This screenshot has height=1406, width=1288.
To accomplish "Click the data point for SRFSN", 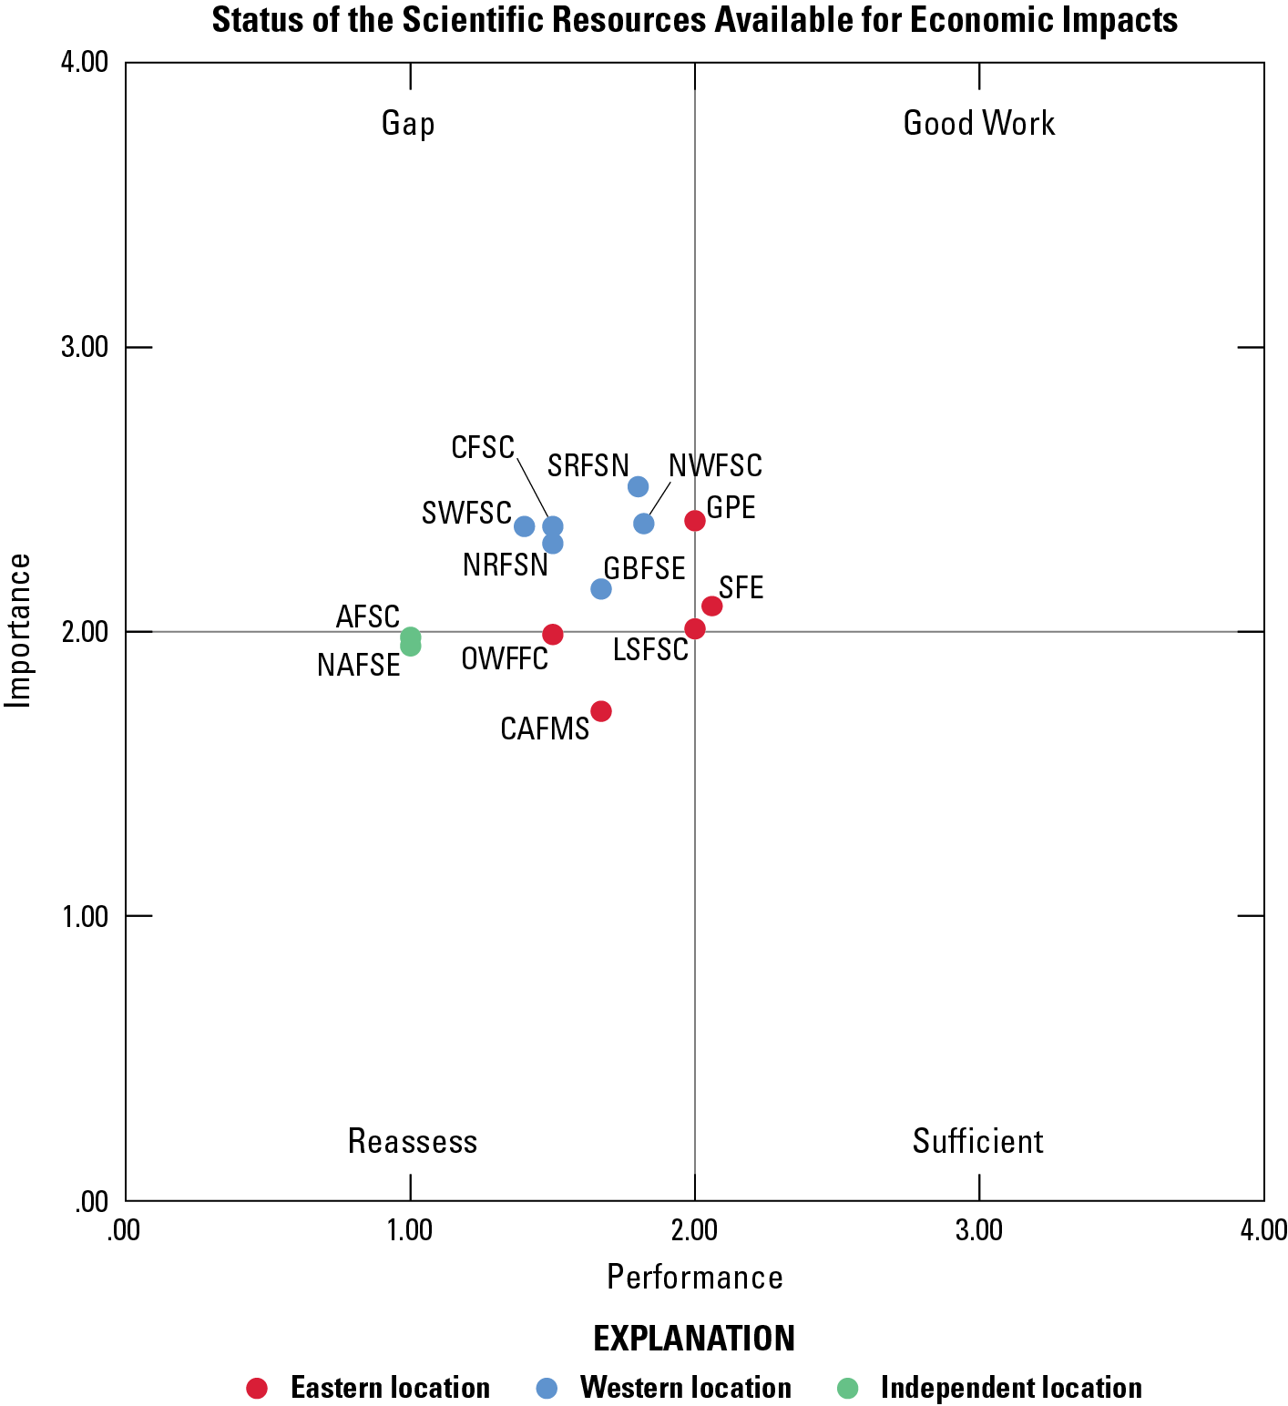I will click(638, 486).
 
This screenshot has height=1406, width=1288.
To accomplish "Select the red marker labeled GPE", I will click(695, 521).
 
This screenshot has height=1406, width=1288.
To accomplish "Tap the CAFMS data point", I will click(601, 711).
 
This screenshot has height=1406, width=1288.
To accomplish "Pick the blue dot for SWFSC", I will click(525, 526).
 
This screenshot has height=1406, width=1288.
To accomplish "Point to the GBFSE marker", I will click(601, 589).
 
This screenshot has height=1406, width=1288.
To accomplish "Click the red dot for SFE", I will click(712, 606).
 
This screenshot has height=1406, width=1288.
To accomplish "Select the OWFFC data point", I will click(553, 635).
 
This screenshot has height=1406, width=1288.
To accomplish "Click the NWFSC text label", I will click(715, 466).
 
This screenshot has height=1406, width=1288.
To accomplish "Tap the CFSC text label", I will click(483, 448).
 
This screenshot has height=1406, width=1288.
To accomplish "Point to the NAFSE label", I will click(359, 666).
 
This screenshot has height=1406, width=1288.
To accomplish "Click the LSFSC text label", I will click(650, 650).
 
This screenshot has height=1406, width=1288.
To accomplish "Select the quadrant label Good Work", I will click(978, 123).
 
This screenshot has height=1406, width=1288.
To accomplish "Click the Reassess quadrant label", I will click(413, 1141).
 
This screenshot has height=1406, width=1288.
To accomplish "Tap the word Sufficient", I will click(977, 1141).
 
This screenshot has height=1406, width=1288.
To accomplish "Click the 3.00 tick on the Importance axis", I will click(84, 348).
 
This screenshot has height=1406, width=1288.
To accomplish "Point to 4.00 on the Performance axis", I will click(1263, 1230).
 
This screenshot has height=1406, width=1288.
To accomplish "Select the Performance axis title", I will click(694, 1278).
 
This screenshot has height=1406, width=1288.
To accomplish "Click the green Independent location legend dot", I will click(848, 1388).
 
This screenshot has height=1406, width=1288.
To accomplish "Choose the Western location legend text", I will click(685, 1388).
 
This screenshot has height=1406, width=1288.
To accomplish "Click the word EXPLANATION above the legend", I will click(694, 1339).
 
